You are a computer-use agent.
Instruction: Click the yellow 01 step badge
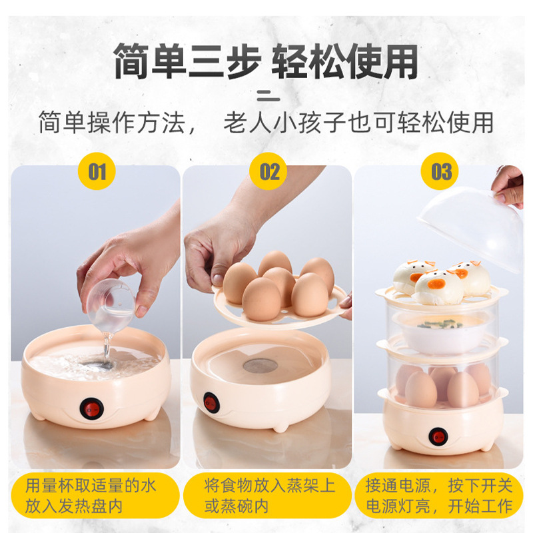[97, 171]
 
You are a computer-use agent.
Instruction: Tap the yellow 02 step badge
[268, 171]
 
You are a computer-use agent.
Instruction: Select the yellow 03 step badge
[440, 171]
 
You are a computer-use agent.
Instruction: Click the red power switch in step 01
[92, 408]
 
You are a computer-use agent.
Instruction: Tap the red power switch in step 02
[211, 402]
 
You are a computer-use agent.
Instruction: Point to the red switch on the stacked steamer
[438, 437]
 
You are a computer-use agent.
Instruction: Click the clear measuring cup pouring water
[111, 306]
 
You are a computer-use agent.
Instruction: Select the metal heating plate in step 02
[260, 365]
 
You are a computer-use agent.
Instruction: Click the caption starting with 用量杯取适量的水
[91, 496]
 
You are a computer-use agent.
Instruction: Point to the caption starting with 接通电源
[439, 496]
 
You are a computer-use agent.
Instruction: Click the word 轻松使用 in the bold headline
[344, 61]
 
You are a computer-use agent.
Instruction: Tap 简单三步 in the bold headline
[187, 61]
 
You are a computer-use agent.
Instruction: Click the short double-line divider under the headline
[268, 96]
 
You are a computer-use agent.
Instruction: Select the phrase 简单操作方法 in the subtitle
[111, 123]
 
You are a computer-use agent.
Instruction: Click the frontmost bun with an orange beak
[438, 287]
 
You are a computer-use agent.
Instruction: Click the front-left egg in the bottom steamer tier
[421, 389]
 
